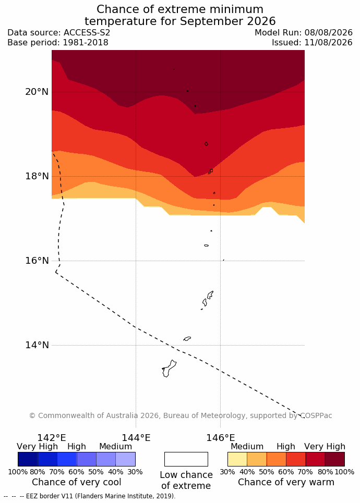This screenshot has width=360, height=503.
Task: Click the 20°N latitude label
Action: coord(37,92)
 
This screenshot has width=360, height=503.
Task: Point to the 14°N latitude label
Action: coord(37,345)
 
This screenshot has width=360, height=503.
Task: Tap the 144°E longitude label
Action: coord(136,437)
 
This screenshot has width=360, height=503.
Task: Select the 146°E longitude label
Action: coord(220,437)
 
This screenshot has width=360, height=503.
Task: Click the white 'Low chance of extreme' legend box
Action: coord(186,459)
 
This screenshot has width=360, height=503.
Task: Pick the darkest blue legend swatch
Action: coord(28,459)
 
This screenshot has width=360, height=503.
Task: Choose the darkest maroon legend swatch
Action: coord(335,459)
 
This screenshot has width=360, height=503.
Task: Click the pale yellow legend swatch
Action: coord(237,459)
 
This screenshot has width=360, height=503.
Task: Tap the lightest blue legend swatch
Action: coord(126,459)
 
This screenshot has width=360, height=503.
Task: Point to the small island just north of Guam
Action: coord(187,338)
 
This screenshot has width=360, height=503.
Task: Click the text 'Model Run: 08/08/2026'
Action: coord(304,33)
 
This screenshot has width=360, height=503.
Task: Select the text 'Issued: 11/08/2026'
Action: coord(312,43)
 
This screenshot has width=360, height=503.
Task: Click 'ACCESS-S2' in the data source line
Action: coord(87,33)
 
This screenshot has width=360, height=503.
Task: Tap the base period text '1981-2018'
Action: coord(86,43)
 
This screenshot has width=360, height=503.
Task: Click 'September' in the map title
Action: coord(212,21)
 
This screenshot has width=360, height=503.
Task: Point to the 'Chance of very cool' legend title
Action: coord(76,482)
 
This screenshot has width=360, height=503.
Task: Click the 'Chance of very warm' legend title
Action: coord(286,482)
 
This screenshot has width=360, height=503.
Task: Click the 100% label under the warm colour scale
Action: coord(344,472)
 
